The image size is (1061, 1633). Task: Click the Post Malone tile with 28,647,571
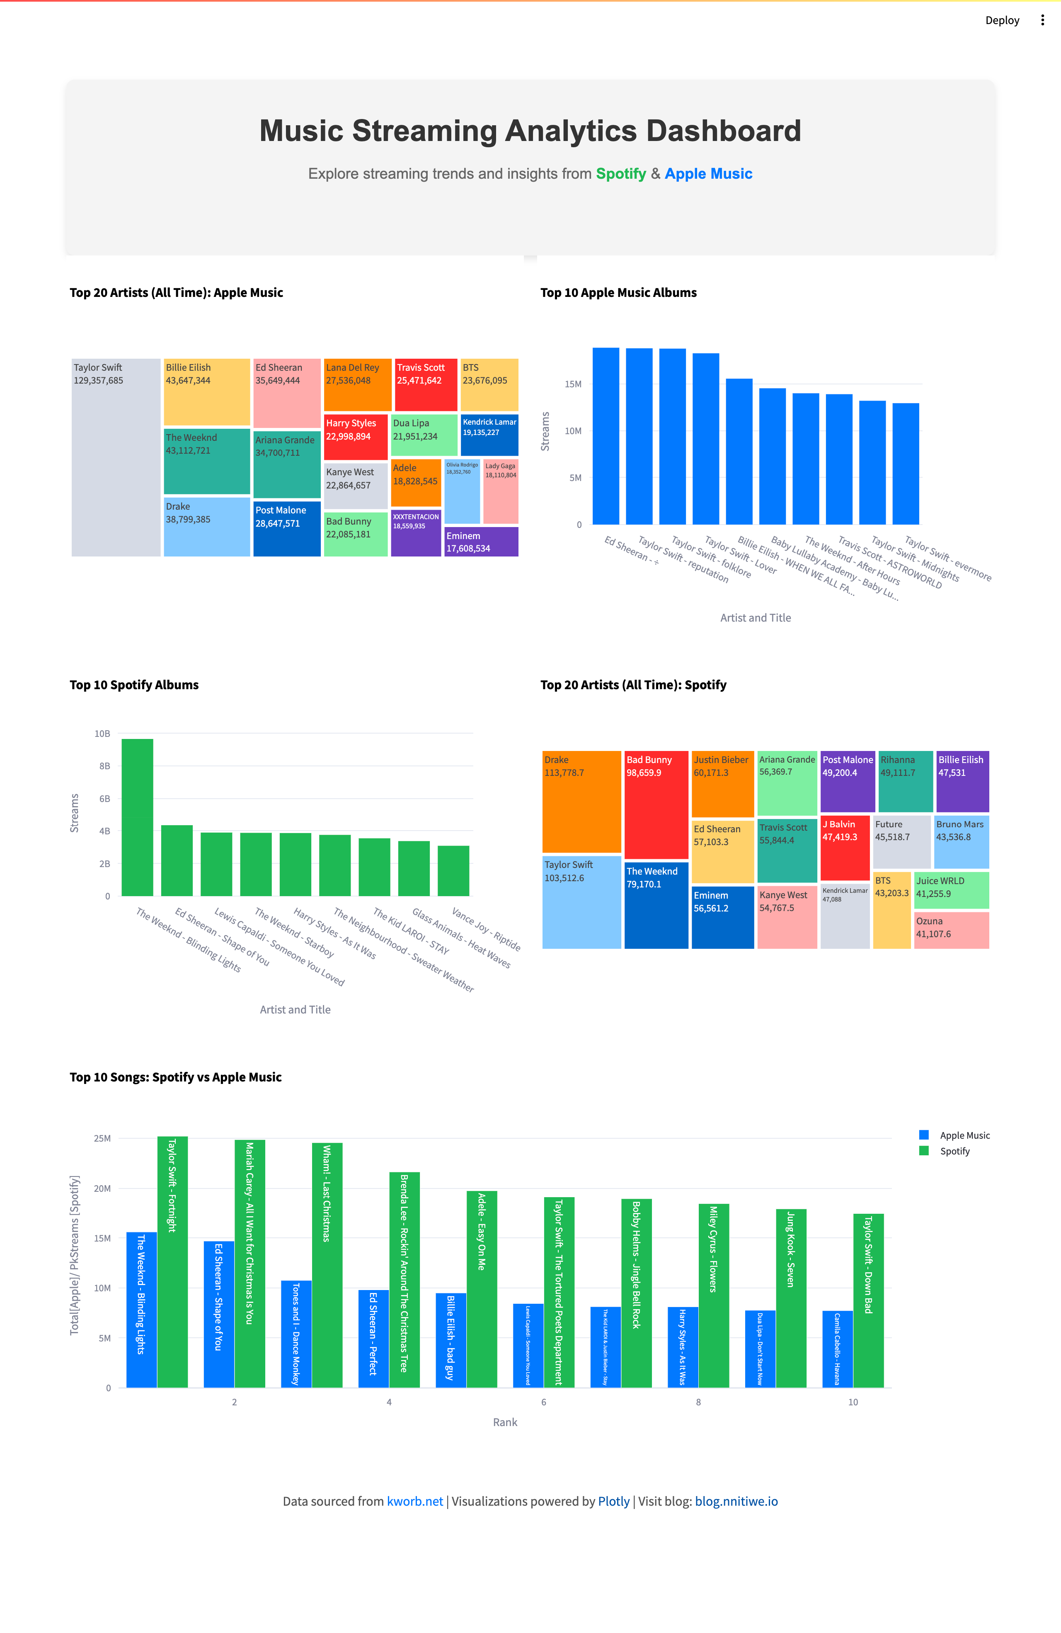tap(287, 528)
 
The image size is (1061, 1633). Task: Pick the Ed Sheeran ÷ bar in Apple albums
tap(606, 436)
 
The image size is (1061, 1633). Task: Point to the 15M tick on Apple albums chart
tap(573, 384)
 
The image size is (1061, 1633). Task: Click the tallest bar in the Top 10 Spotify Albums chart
tap(137, 816)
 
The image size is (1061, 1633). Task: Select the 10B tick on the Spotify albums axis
tap(102, 734)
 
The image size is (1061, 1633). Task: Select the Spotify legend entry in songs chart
tap(954, 1151)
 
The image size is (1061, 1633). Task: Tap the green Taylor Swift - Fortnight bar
tap(172, 1263)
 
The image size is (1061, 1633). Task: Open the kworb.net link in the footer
tap(415, 1501)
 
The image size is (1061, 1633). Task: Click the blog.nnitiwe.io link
tap(736, 1501)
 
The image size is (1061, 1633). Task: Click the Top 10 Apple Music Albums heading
tap(618, 292)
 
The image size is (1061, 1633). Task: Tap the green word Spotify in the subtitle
tap(621, 174)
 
